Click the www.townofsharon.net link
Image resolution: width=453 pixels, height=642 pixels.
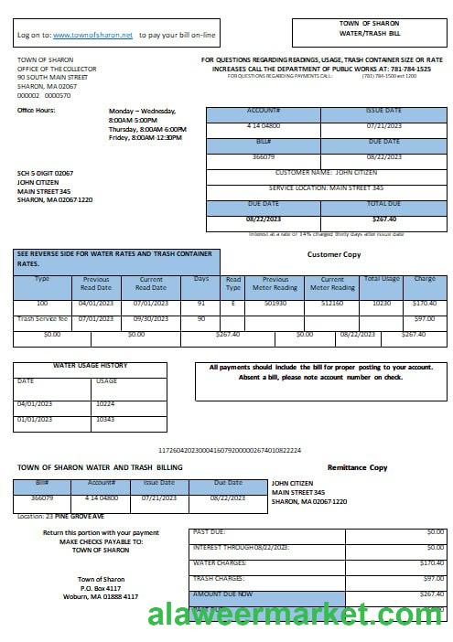92,35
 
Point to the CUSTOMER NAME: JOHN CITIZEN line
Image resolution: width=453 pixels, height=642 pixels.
328,172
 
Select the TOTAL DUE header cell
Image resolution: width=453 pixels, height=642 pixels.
383,203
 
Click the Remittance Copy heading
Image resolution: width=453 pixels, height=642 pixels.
357,467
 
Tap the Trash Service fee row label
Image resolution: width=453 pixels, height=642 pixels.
42,319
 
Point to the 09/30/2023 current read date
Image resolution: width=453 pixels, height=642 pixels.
150,319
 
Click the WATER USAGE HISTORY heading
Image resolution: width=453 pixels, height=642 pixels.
90,366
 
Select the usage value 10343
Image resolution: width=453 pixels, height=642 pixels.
106,419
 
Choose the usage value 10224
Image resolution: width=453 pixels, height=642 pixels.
106,403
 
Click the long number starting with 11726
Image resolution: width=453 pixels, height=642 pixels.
230,450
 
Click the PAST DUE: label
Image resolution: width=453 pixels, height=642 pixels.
209,532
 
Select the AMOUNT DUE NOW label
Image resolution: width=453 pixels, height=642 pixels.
222,594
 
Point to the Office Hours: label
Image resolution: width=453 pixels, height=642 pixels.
37,111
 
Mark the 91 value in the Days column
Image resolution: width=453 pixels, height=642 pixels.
200,302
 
